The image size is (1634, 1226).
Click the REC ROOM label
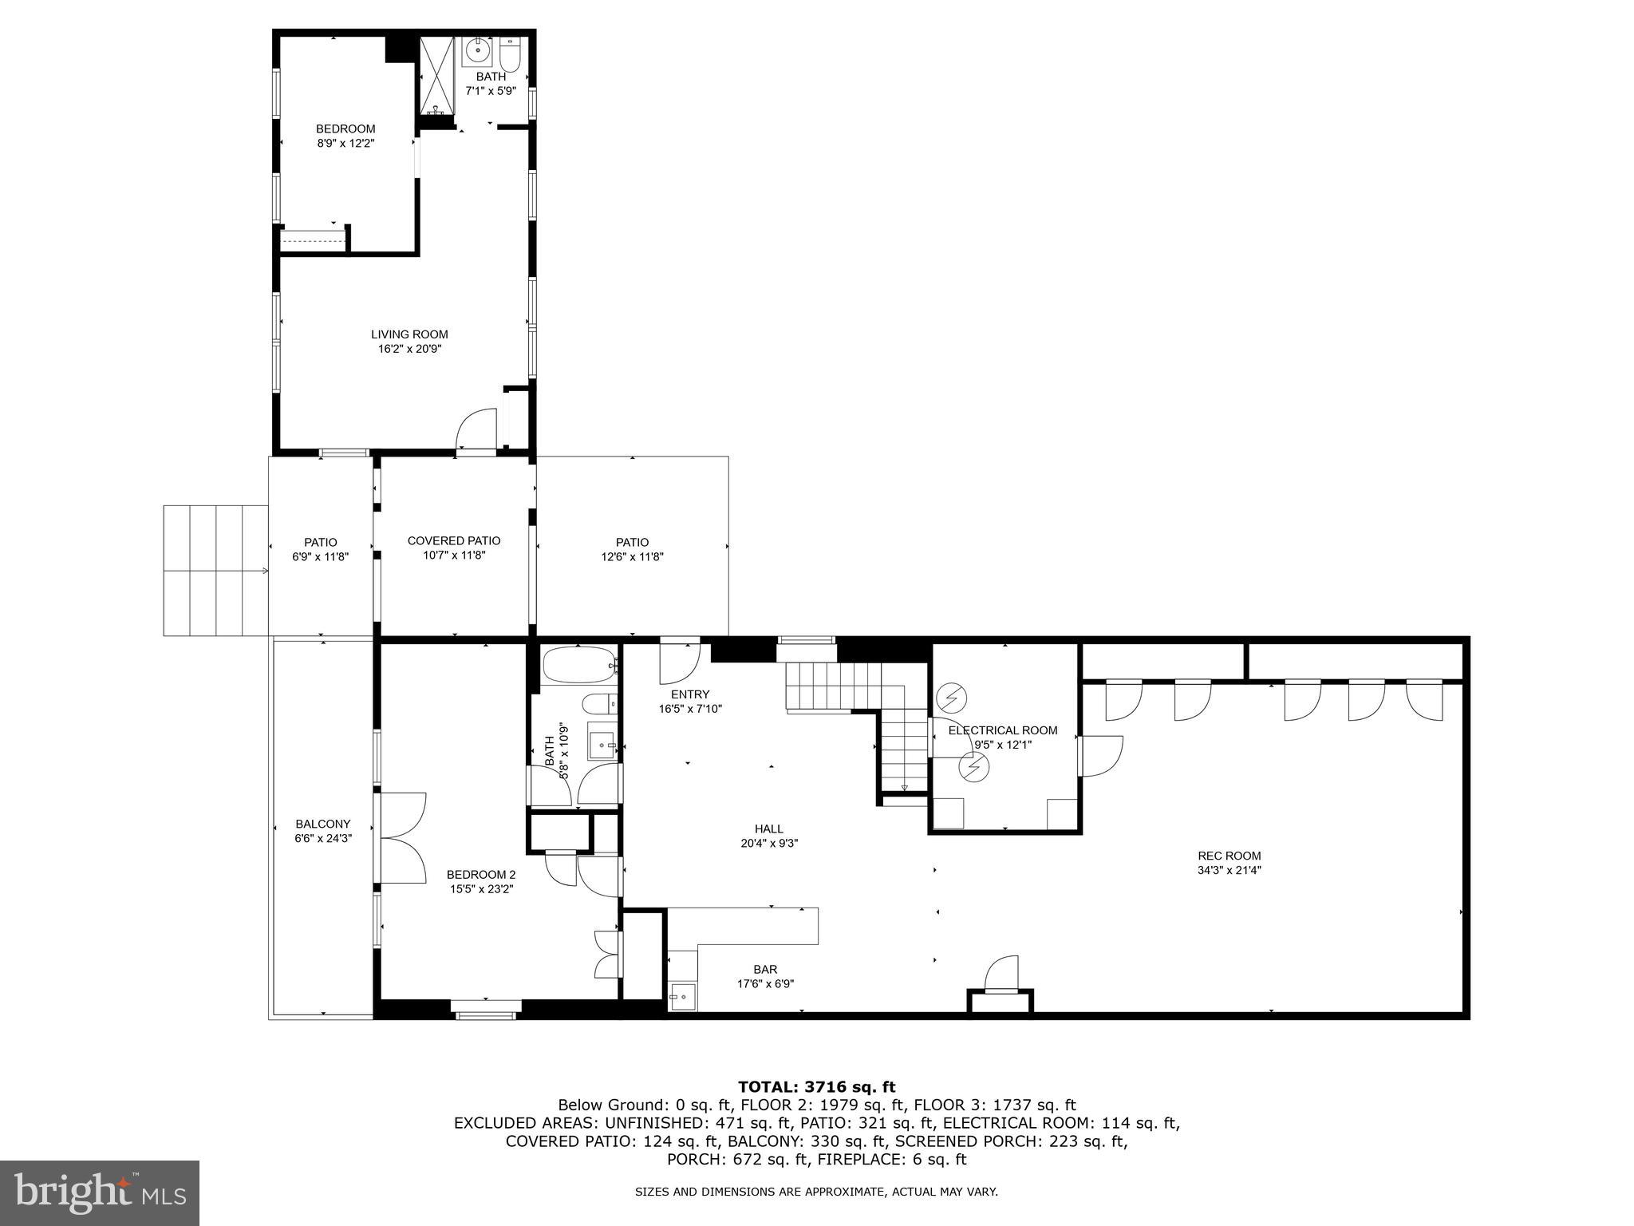[x=1229, y=856]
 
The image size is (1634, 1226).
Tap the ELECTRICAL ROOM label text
[x=1002, y=730]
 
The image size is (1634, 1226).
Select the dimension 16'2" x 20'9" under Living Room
[x=409, y=349]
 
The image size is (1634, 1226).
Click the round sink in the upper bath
[x=478, y=50]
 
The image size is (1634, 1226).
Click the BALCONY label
[x=322, y=824]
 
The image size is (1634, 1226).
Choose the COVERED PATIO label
[x=453, y=540]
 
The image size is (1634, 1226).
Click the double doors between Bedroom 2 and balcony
[x=403, y=837]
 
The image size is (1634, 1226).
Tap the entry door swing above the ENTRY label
[x=679, y=663]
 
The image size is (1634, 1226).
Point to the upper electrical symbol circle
[x=950, y=698]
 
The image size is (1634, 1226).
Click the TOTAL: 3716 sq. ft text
[x=816, y=1086]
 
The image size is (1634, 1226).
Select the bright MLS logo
[x=100, y=1192]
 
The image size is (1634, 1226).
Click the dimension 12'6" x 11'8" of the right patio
[x=632, y=557]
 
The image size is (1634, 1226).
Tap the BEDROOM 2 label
[x=480, y=874]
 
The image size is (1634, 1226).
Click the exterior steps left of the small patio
[x=215, y=570]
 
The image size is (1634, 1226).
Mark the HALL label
[x=768, y=829]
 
